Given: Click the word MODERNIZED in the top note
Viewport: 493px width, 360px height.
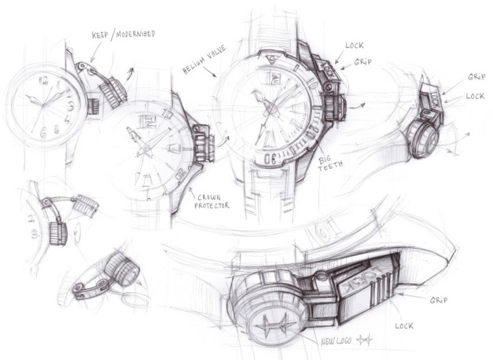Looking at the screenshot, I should coord(136,35).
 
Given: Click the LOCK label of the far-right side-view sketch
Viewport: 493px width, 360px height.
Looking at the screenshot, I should coord(474,96).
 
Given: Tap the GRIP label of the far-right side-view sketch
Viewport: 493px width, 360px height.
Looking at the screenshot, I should coord(476,78).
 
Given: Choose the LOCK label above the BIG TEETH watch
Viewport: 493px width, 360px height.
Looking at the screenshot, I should coord(354,46).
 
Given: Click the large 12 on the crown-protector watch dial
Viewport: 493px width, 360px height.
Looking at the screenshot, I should coord(147,120).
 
